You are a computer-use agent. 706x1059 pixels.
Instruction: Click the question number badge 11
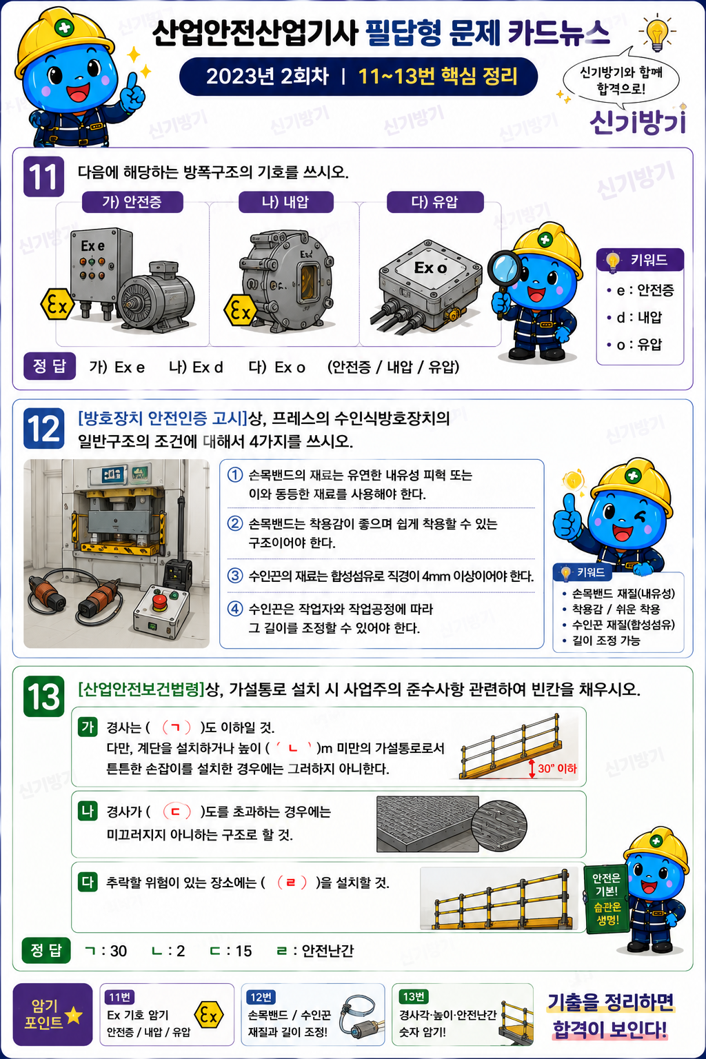[x=43, y=176]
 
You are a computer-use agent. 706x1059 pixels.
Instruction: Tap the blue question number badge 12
[x=43, y=428]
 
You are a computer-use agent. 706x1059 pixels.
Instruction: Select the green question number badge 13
[x=43, y=696]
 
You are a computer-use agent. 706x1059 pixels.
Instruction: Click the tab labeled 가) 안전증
[x=132, y=202]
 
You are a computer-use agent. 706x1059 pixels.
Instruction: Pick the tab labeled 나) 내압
[x=285, y=202]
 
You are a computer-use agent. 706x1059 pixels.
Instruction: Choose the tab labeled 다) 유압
[x=435, y=202]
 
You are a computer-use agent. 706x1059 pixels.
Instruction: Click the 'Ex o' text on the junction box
[x=430, y=268]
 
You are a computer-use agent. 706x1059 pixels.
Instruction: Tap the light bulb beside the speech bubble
[x=657, y=33]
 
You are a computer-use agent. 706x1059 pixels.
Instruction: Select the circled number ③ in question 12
[x=235, y=576]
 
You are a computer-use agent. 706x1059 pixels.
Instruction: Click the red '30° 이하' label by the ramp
[x=557, y=768]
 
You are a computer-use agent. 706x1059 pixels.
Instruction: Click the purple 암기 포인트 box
[x=52, y=1014]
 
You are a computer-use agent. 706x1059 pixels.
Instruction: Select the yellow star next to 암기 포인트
[x=74, y=1015]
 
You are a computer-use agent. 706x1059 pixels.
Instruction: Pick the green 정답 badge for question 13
[x=46, y=950]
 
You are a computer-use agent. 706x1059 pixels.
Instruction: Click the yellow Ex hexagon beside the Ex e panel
[x=57, y=304]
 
